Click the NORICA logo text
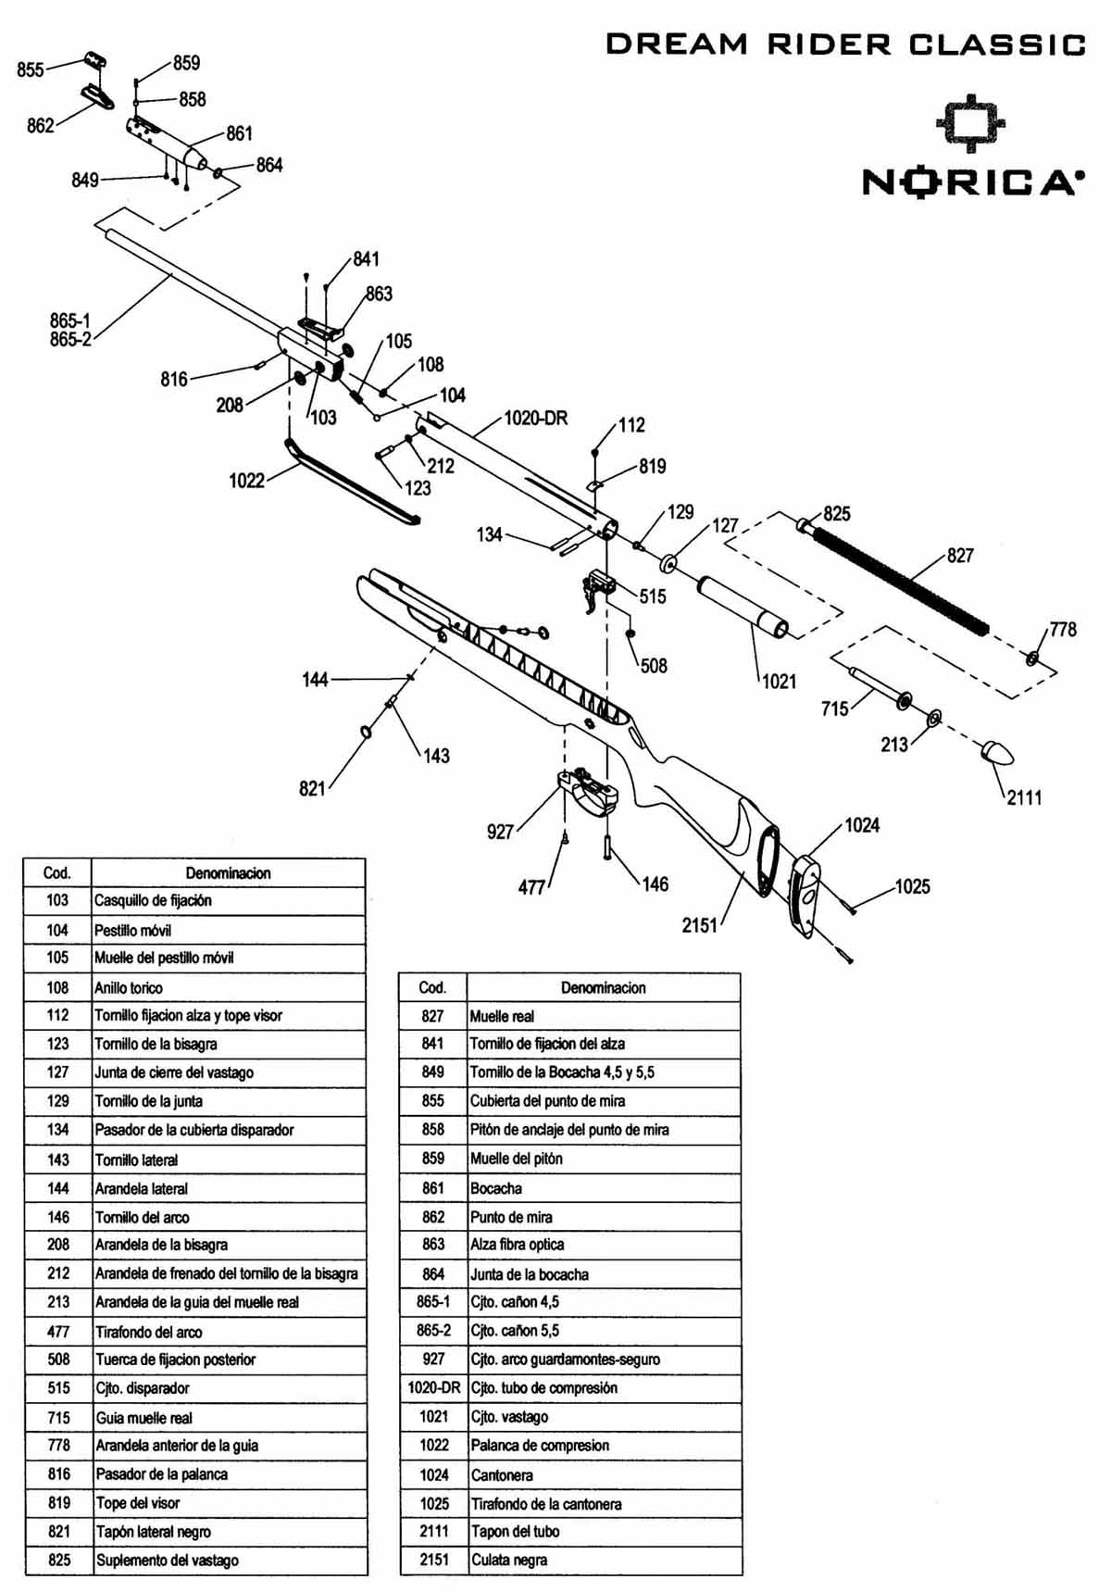(x=969, y=182)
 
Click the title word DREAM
(x=677, y=44)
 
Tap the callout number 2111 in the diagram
(x=1025, y=796)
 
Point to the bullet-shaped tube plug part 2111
(x=997, y=753)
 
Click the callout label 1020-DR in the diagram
(x=535, y=418)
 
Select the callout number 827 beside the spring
(x=960, y=555)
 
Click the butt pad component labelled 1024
(x=805, y=895)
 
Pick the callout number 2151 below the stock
(x=700, y=924)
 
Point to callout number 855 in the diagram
(x=31, y=69)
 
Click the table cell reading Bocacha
(x=496, y=1188)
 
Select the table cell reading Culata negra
(x=509, y=1560)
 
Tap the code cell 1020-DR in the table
(x=433, y=1387)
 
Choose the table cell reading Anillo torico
(x=129, y=987)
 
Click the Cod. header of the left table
(x=57, y=872)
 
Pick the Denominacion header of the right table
(x=604, y=987)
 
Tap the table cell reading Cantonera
(x=502, y=1474)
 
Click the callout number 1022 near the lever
(x=246, y=480)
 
